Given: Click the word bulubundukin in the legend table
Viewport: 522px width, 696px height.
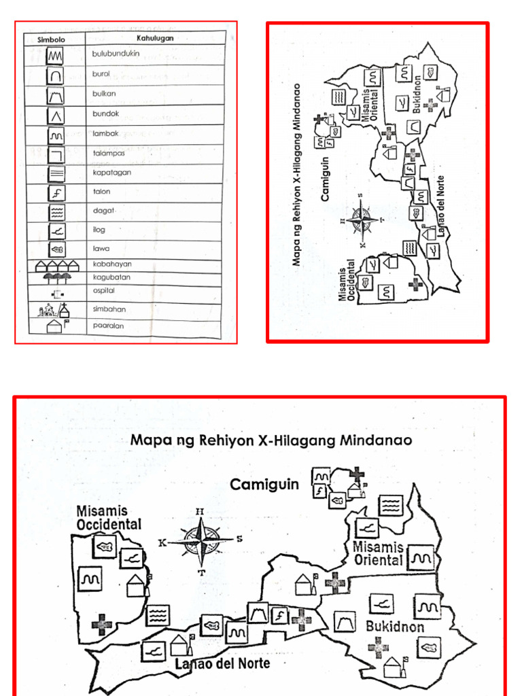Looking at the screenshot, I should click(116, 54).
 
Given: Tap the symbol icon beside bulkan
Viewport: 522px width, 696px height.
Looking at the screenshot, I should click(56, 94).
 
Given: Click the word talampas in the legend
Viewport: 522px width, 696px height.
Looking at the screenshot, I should click(109, 153).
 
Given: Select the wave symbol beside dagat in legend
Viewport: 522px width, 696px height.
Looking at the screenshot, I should click(56, 212).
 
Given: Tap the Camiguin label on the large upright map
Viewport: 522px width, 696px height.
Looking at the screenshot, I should click(264, 485).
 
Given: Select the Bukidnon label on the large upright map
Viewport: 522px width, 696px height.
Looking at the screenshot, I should click(395, 627).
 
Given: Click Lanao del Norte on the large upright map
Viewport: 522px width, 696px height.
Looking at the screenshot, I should click(220, 663).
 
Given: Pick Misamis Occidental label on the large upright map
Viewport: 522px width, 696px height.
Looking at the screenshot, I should click(109, 517).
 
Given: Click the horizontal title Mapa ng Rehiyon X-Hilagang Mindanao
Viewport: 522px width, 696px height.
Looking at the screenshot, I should click(271, 440).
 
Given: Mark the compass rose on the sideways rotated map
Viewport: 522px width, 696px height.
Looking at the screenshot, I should click(362, 221).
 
